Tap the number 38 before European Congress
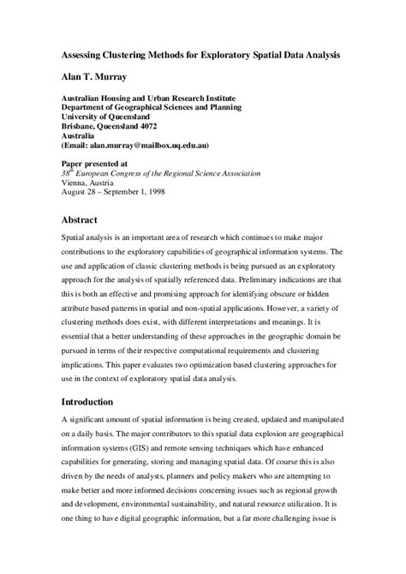coord(67,171)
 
